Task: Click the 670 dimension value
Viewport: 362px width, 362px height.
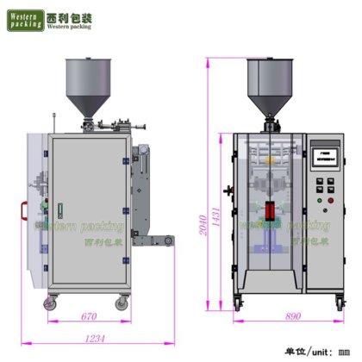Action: click(87, 317)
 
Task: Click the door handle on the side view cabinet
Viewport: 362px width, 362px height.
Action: click(59, 209)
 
